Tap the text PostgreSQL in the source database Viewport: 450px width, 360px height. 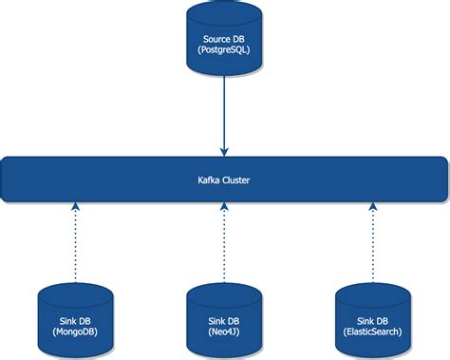pos(224,50)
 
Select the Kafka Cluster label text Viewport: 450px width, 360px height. pos(224,179)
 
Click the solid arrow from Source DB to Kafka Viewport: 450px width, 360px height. pos(224,114)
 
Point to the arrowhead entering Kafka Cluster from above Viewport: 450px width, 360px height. pos(224,150)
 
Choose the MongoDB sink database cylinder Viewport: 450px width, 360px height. pos(76,318)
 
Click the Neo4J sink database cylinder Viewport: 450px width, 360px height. pos(224,318)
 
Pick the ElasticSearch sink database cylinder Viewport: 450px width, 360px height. pos(372,318)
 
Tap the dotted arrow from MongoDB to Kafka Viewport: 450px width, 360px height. pos(76,242)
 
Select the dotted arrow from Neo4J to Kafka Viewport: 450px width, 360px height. pos(224,242)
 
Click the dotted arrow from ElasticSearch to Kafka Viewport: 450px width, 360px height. pos(372,242)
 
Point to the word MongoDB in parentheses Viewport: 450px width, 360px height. pos(76,332)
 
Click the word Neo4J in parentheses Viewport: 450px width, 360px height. pos(224,332)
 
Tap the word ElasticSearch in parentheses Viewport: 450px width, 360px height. pos(372,332)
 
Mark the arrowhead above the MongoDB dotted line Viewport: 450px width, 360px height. pos(76,209)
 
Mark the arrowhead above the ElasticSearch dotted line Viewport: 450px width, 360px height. pos(372,209)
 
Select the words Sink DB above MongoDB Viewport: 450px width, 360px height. pos(76,319)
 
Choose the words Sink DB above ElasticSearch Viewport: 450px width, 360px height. pos(372,319)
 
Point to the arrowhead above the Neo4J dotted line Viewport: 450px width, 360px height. pos(224,209)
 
